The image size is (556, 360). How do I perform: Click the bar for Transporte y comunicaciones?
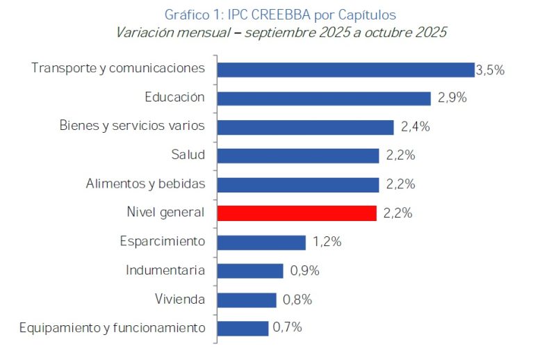(x=345, y=69)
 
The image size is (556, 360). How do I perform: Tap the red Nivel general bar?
(x=297, y=213)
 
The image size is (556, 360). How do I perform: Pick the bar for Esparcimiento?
(x=261, y=242)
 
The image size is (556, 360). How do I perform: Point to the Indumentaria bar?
(x=250, y=270)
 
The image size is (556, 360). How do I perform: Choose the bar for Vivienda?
(x=247, y=300)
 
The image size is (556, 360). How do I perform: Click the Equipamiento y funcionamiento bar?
(x=243, y=328)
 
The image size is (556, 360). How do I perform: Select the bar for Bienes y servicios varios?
(x=306, y=127)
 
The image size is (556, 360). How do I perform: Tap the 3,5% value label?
(x=490, y=69)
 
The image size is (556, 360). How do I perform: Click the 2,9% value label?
(x=452, y=98)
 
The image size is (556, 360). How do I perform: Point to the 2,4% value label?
(x=416, y=127)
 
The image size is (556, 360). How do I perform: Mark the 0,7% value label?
(x=287, y=327)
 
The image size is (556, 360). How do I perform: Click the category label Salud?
(x=188, y=155)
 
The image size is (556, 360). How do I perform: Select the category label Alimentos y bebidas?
(x=145, y=184)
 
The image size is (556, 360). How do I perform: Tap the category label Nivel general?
(x=165, y=213)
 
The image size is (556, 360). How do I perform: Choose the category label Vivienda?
(x=180, y=300)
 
